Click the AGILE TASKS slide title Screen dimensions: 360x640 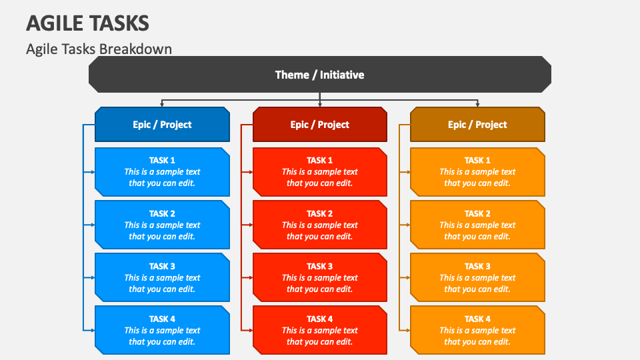click(87, 23)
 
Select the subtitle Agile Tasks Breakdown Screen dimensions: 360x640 click(99, 49)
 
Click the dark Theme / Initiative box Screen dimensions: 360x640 click(319, 75)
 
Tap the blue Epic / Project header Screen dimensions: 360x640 click(162, 125)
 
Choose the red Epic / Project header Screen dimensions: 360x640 click(319, 125)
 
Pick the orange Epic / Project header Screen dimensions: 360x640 click(477, 125)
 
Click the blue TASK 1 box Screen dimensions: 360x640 click(162, 172)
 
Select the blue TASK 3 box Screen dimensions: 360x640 click(162, 277)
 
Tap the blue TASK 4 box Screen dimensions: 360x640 click(162, 330)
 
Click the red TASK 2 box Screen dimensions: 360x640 click(319, 225)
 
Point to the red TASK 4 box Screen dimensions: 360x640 click(319, 330)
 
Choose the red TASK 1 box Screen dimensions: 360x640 click(319, 172)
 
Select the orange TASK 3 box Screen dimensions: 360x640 click(477, 277)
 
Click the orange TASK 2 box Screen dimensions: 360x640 click(477, 225)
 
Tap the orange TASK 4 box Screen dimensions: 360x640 click(477, 330)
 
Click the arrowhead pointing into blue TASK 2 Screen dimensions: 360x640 click(92, 225)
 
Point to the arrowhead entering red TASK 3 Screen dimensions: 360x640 click(250, 277)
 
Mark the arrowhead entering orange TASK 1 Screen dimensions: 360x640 click(407, 172)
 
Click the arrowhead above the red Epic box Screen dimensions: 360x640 click(320, 104)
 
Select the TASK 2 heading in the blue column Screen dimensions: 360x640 click(162, 213)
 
